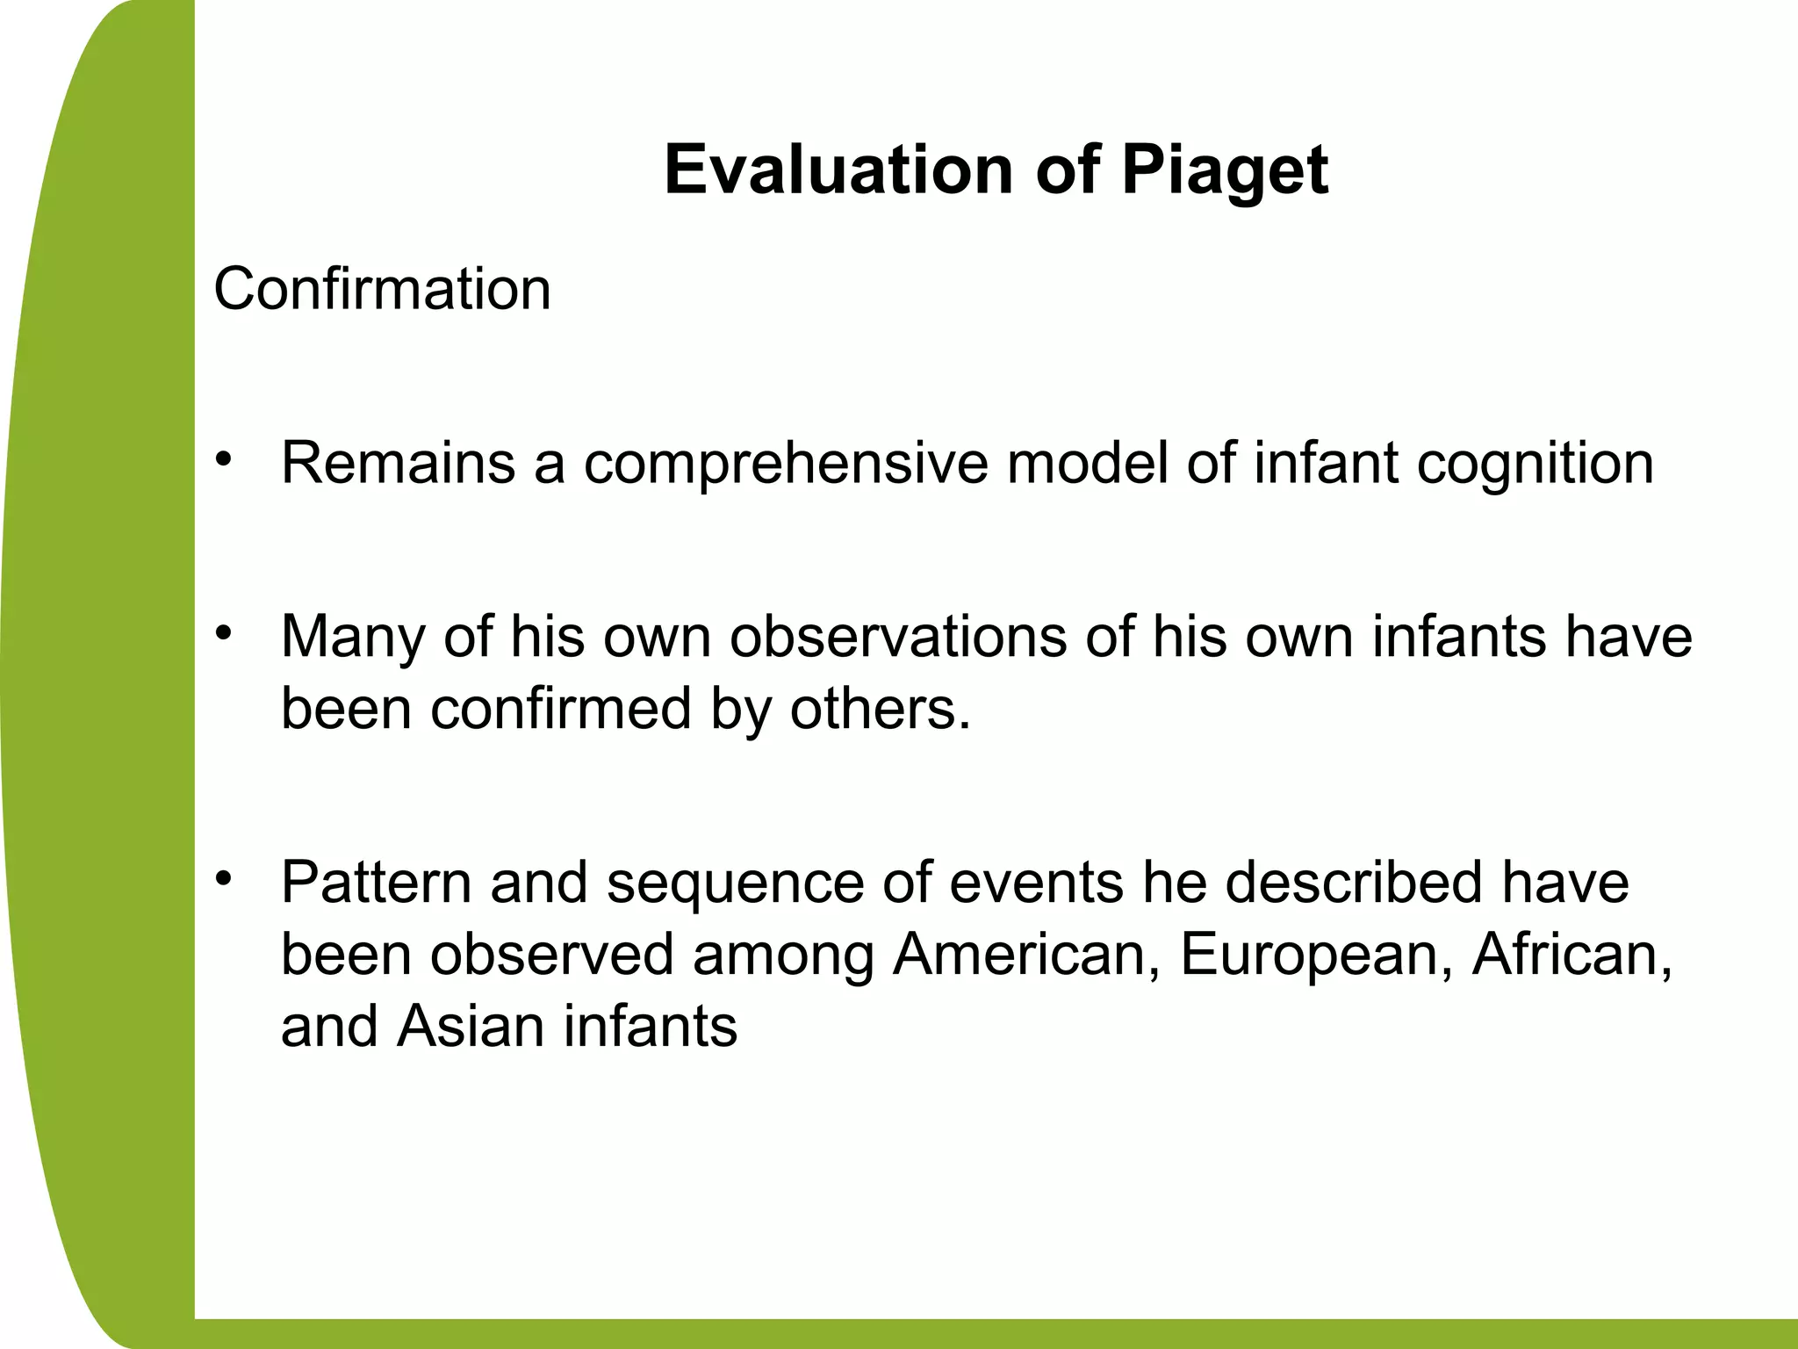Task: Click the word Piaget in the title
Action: point(1224,170)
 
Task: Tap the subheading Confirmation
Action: point(382,289)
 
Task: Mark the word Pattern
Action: point(377,882)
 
